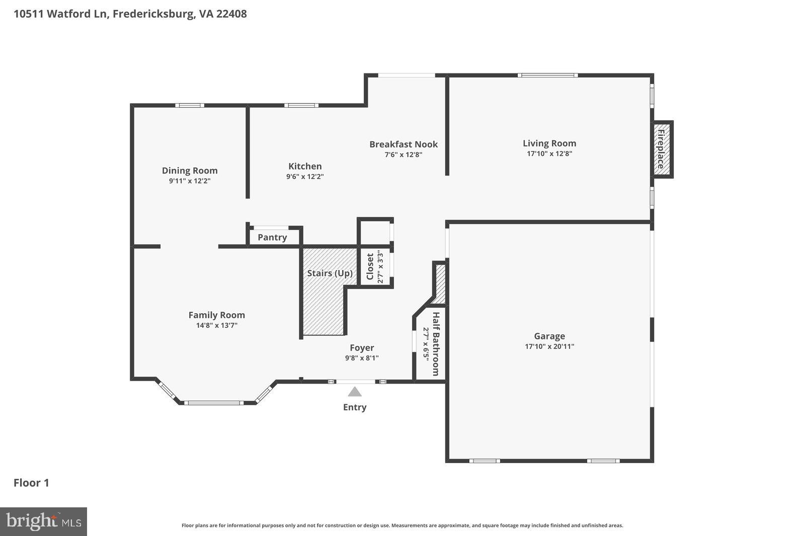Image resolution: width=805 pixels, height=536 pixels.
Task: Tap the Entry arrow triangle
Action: [x=355, y=392]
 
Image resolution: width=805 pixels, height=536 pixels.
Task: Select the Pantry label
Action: [x=272, y=237]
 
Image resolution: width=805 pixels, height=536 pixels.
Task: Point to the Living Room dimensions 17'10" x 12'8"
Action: [x=549, y=154]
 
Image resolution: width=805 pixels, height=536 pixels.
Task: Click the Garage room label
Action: [x=549, y=336]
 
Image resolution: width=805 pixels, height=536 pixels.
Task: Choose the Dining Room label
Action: [x=190, y=170]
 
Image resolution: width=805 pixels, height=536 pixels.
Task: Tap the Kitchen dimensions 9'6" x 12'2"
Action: [x=305, y=176]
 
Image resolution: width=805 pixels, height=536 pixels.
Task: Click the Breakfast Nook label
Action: [x=404, y=144]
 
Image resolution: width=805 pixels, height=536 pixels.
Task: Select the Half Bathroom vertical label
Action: [x=436, y=344]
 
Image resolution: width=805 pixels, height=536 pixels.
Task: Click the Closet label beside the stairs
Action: [x=370, y=266]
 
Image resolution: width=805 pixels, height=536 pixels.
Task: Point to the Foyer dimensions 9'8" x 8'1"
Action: [x=362, y=358]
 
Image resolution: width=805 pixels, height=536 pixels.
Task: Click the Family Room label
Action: [x=217, y=315]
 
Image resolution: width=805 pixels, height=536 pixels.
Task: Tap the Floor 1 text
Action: [x=31, y=483]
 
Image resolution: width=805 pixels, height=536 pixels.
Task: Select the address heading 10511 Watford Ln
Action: [x=130, y=14]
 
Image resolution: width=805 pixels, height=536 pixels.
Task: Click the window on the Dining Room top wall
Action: [x=190, y=105]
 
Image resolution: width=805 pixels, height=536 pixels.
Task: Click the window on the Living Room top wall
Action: [x=548, y=75]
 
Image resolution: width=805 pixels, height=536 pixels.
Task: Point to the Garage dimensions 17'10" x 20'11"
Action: [x=549, y=346]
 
